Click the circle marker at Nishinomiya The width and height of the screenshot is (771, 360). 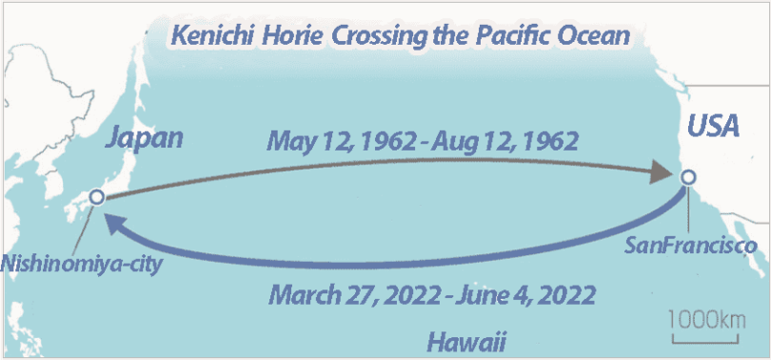tap(95, 197)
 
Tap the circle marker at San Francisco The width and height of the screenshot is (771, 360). tap(688, 177)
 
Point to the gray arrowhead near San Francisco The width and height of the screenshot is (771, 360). tap(661, 174)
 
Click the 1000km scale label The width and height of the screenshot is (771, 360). tap(707, 318)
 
